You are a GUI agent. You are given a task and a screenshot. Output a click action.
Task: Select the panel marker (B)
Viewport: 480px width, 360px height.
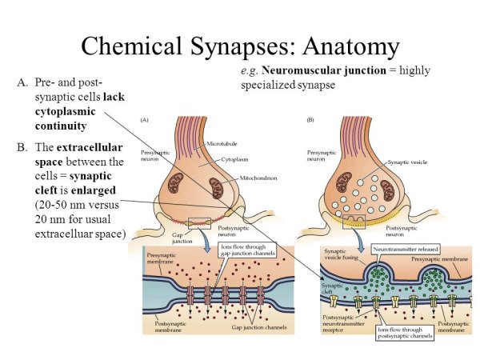310,120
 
